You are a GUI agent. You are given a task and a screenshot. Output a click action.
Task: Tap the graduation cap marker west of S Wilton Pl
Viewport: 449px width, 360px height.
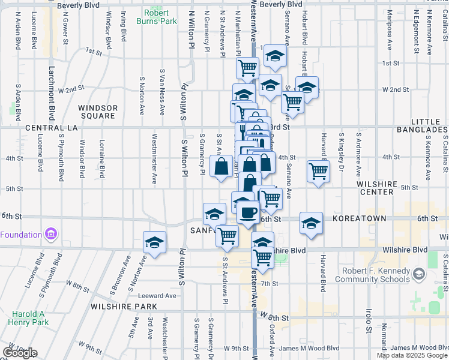(x=155, y=242)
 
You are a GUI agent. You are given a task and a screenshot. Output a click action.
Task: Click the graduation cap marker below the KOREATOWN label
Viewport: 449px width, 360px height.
(x=311, y=224)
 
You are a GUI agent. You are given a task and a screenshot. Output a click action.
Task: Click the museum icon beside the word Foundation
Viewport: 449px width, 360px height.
(x=51, y=233)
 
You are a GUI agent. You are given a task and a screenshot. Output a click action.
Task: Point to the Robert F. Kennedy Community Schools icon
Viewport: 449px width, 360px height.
(x=418, y=275)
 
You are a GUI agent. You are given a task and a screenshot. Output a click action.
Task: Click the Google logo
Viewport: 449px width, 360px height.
(x=20, y=353)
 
